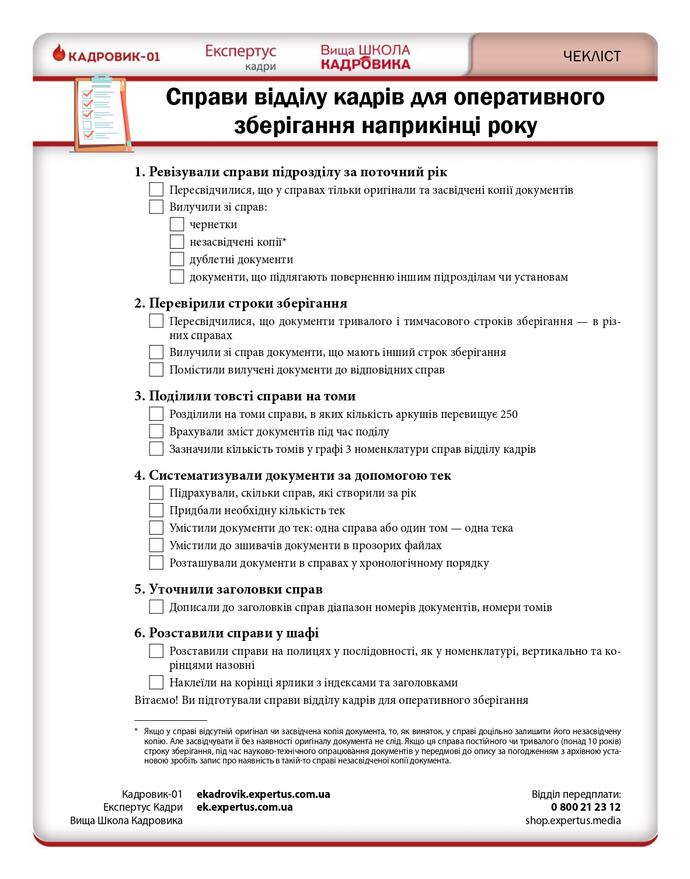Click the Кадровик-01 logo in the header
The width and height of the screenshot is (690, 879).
pyautogui.click(x=106, y=55)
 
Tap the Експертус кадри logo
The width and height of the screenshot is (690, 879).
pyautogui.click(x=241, y=57)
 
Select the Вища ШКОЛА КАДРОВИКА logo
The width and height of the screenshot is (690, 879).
pyautogui.click(x=365, y=57)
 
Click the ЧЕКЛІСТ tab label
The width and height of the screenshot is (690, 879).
pyautogui.click(x=591, y=56)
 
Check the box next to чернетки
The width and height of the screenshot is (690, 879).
pyautogui.click(x=177, y=224)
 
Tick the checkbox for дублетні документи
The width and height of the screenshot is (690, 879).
pyautogui.click(x=177, y=259)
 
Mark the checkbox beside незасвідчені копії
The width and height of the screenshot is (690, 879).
pyautogui.click(x=177, y=242)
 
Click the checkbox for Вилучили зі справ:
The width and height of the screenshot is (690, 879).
pyautogui.click(x=156, y=207)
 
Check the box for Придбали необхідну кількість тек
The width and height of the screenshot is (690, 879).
pyautogui.click(x=156, y=510)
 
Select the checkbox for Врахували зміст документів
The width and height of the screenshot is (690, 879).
pyautogui.click(x=156, y=431)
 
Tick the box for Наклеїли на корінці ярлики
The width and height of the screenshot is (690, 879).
pyautogui.click(x=156, y=682)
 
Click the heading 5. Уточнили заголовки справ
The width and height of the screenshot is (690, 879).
pyautogui.click(x=228, y=589)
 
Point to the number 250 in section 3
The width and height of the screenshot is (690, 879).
pyautogui.click(x=509, y=414)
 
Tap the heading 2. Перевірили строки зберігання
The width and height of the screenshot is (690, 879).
pyautogui.click(x=241, y=303)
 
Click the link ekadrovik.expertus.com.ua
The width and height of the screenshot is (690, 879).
pyautogui.click(x=263, y=794)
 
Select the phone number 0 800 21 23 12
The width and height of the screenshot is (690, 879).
pyautogui.click(x=586, y=807)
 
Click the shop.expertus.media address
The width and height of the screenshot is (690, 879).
pyautogui.click(x=573, y=821)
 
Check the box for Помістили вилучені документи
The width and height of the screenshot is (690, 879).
pyautogui.click(x=156, y=369)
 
